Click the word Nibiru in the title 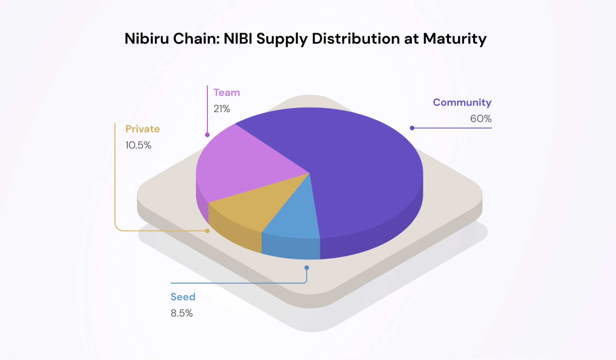(x=147, y=39)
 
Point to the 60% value (x=480, y=119)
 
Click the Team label (x=226, y=92)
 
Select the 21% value (x=222, y=109)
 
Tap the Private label (x=142, y=129)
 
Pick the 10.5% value (x=138, y=145)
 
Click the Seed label (x=183, y=297)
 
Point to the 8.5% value (x=182, y=313)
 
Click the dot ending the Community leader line (x=412, y=128)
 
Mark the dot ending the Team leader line (x=207, y=135)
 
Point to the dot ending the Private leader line (x=207, y=231)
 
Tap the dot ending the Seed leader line (x=307, y=268)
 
